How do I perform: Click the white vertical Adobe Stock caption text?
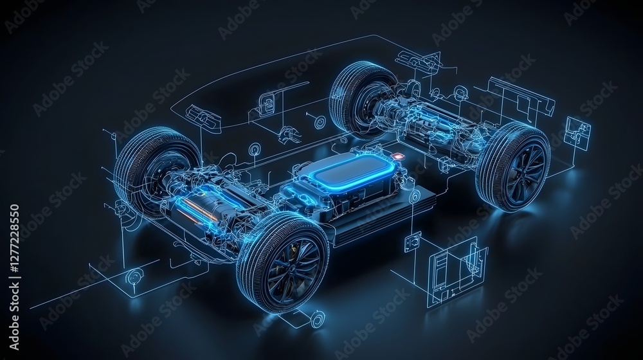14,277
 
